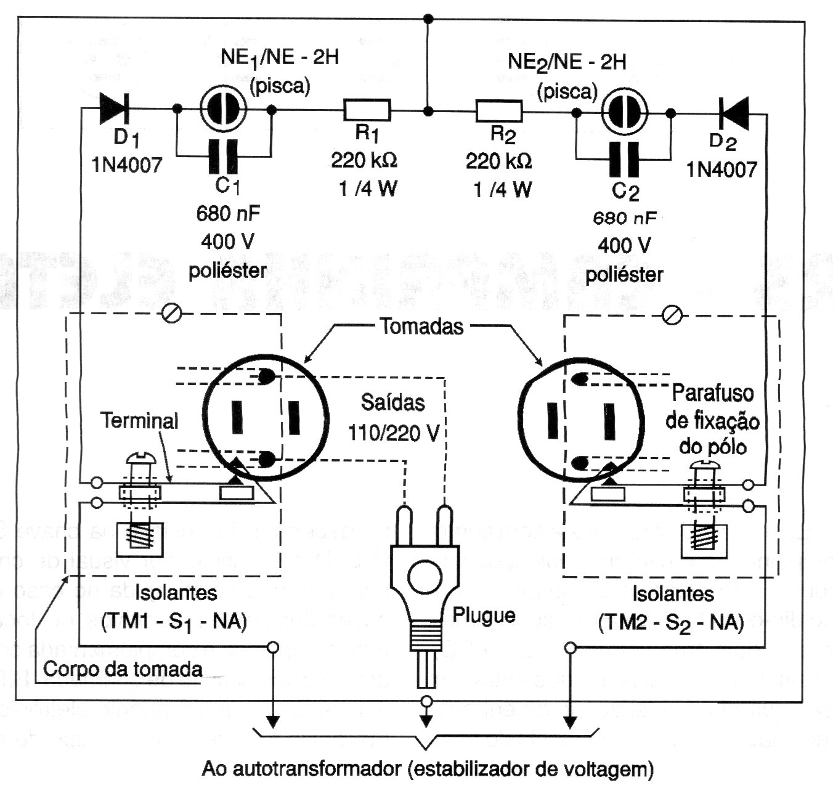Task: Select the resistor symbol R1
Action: coord(367,110)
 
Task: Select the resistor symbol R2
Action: coord(499,112)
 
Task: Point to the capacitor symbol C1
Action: coord(223,156)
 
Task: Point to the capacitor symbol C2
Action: coord(624,159)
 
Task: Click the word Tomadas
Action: coord(421,326)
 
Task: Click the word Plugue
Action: coord(484,615)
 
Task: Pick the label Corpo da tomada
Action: coord(123,669)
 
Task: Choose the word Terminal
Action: coord(139,421)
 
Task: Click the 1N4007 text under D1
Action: coord(127,165)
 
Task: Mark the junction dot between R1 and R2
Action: coord(428,112)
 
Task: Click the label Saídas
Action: coord(392,403)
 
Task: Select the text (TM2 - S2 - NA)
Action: coord(671,622)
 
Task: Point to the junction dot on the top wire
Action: coord(429,20)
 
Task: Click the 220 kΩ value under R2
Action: coord(498,161)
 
